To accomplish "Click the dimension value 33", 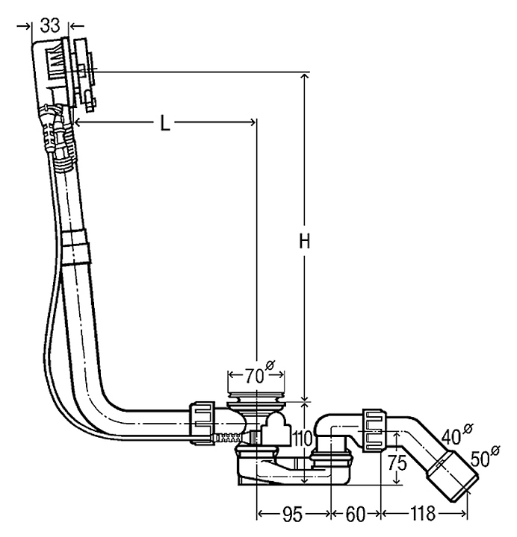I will click(x=50, y=25).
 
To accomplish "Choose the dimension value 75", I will click(x=397, y=462).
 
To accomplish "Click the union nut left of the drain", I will click(x=202, y=421).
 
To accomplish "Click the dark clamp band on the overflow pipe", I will click(x=75, y=245).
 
